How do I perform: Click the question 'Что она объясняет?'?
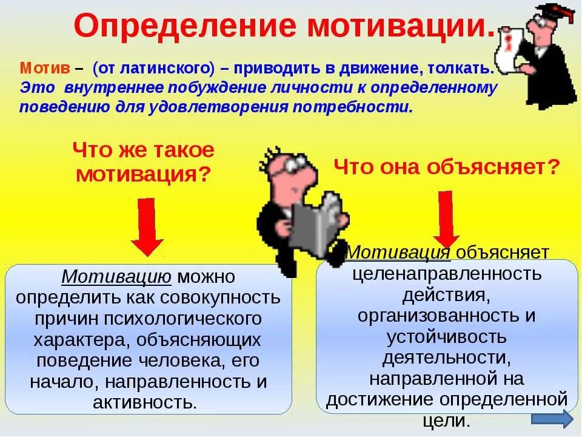point(446,166)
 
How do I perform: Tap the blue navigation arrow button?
point(552,419)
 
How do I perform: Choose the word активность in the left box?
point(145,402)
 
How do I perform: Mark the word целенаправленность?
point(447,273)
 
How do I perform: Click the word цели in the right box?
point(446,421)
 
